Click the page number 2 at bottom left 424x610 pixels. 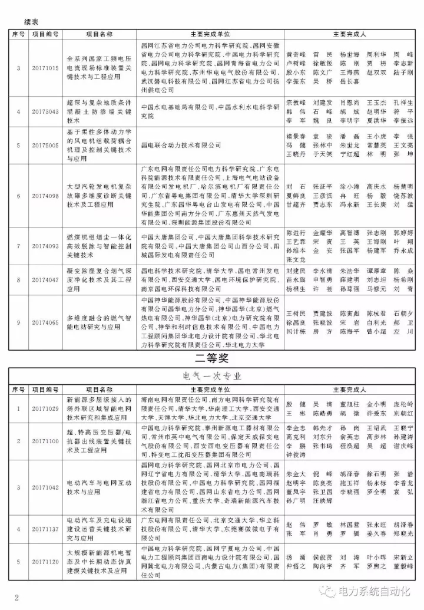coord(17,598)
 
